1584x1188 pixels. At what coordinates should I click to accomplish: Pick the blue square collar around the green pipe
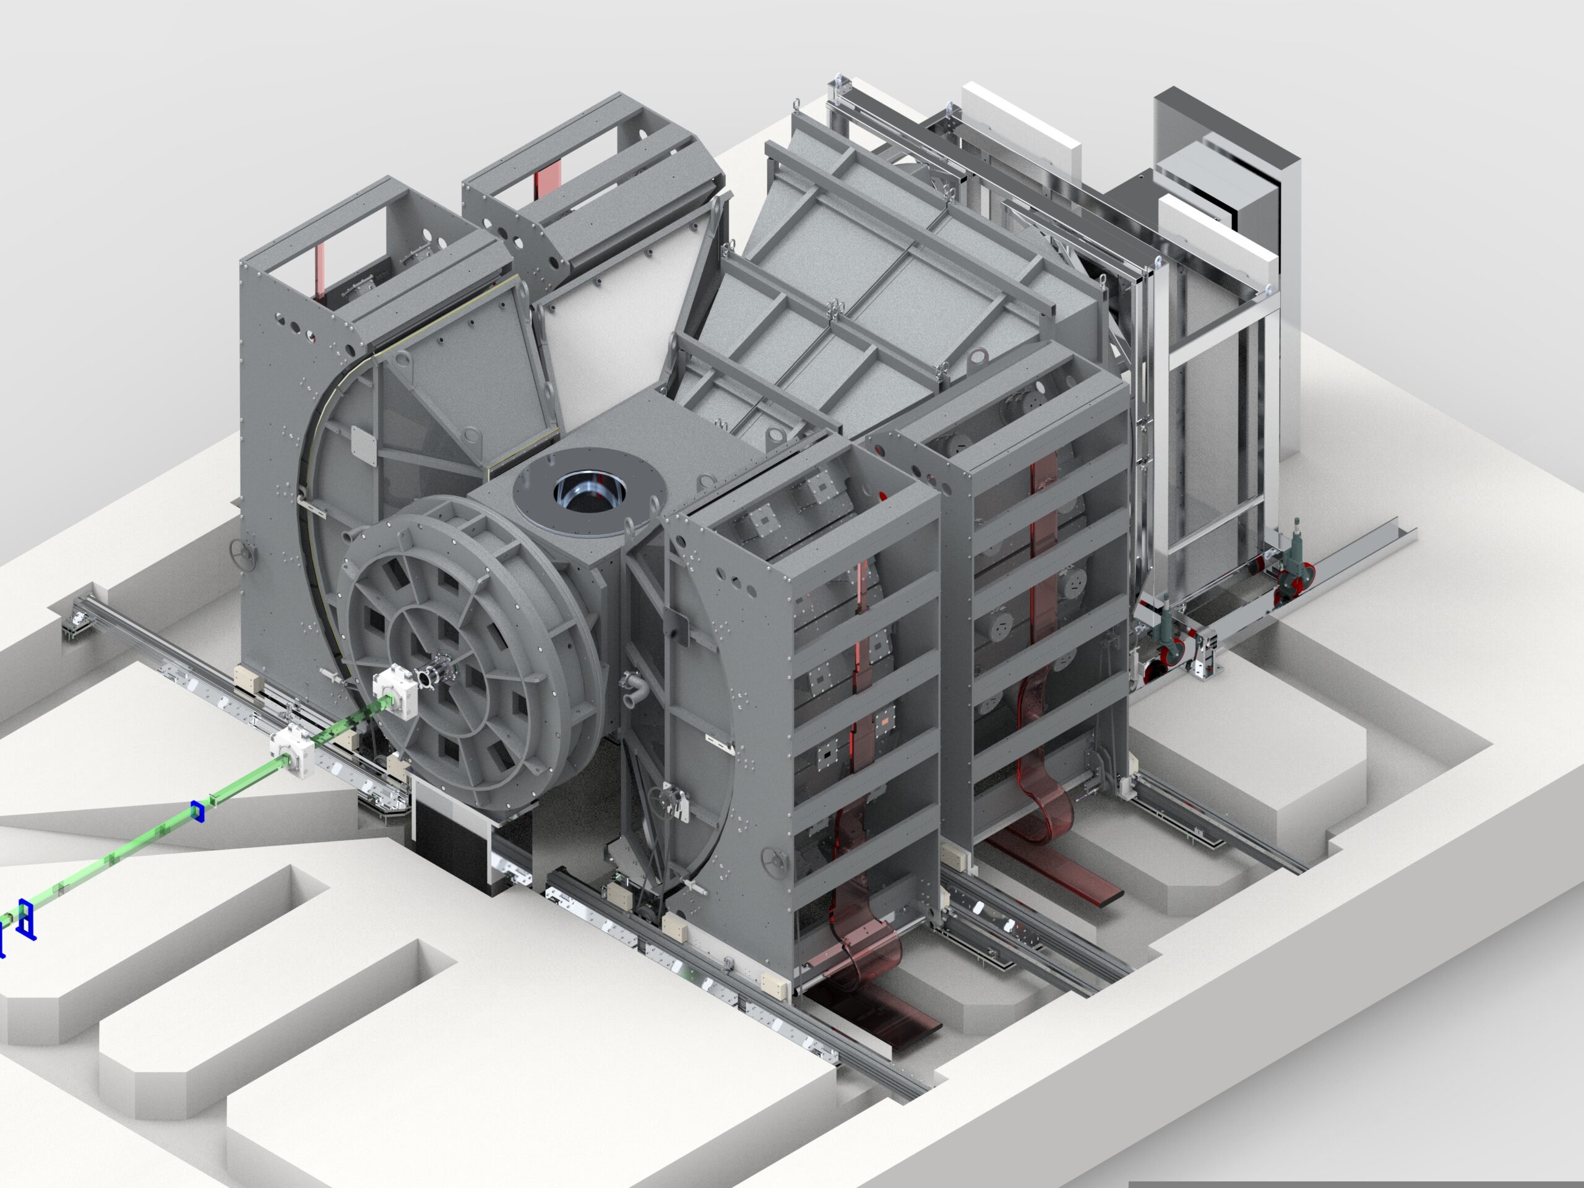197,812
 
